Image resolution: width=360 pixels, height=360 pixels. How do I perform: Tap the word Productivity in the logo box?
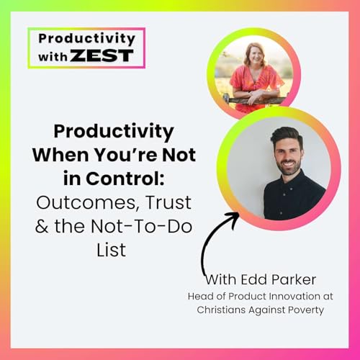click(x=86, y=39)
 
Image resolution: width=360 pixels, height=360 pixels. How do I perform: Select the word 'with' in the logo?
click(x=52, y=56)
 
